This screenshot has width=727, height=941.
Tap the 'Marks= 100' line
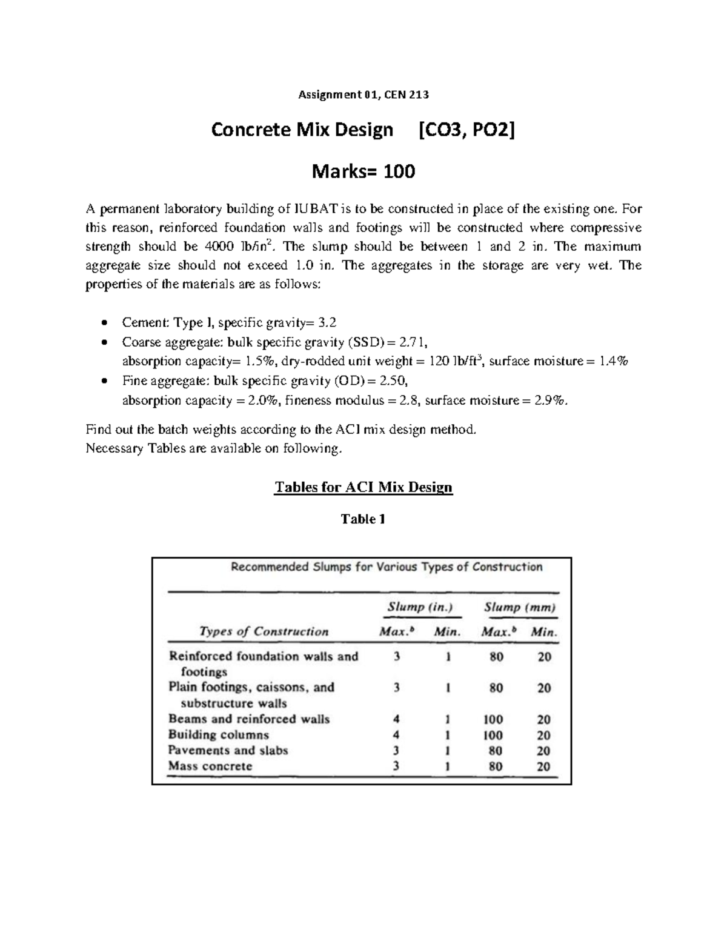point(363,172)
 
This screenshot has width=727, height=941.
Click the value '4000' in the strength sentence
point(219,247)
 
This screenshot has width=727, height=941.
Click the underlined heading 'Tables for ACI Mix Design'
point(363,487)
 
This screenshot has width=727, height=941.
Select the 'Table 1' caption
point(363,519)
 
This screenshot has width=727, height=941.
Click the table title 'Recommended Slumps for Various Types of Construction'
point(387,567)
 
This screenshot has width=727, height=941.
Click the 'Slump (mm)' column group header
point(520,607)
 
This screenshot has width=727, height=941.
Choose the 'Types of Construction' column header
point(264,631)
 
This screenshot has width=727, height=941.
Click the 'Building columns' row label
point(219,735)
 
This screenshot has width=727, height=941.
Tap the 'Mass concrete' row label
point(210,766)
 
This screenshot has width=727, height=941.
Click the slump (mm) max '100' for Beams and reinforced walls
point(493,720)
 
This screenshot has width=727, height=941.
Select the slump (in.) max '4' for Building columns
point(396,735)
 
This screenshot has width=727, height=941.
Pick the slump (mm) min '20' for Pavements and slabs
point(544,751)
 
